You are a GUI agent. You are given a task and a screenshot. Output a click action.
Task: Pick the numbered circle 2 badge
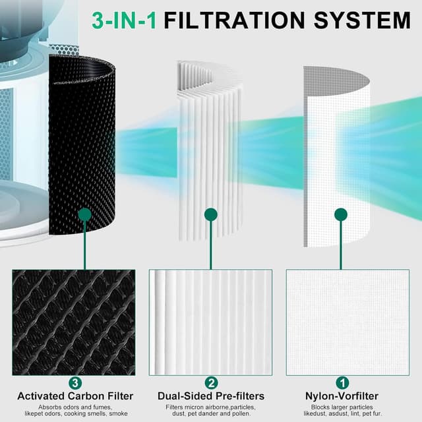point(211,382)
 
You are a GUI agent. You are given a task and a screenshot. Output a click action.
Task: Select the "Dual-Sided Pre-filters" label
point(211,396)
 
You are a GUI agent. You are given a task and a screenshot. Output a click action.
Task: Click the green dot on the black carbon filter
point(84,214)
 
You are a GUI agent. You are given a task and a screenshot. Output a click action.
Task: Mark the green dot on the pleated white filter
point(210,214)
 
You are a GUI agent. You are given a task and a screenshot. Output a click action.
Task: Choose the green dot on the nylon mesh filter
point(340,214)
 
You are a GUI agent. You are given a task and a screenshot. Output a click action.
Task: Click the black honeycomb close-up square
point(73,322)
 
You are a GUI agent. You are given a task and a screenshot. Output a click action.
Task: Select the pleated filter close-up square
point(210,322)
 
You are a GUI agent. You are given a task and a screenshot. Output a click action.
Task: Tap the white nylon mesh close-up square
point(347,322)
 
